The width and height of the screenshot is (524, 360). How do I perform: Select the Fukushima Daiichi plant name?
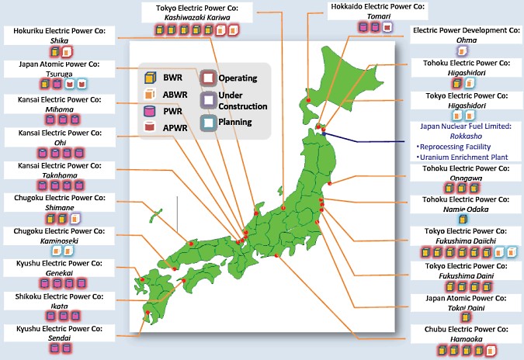(x=467, y=241)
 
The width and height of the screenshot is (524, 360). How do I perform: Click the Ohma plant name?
(x=466, y=40)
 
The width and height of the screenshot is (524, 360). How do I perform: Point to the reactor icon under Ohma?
(x=463, y=50)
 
